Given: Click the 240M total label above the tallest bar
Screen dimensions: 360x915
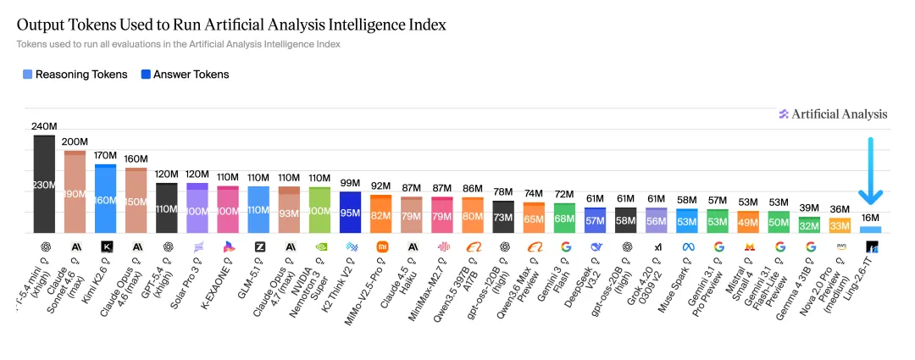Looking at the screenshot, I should click(x=44, y=126).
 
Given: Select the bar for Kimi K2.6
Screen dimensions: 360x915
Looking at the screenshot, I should click(x=105, y=199).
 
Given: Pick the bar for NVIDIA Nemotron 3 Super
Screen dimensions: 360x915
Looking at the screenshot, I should click(x=319, y=210).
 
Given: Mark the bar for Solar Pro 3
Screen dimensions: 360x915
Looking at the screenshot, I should click(x=197, y=208).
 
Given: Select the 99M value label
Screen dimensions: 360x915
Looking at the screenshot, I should click(x=350, y=184).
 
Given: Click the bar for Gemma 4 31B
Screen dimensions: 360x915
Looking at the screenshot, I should click(x=809, y=224).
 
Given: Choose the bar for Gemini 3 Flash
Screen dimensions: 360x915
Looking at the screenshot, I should click(x=564, y=218).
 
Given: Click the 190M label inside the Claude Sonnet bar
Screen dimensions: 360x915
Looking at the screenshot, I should click(x=75, y=192).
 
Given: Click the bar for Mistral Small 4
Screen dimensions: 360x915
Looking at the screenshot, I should click(x=748, y=221).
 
